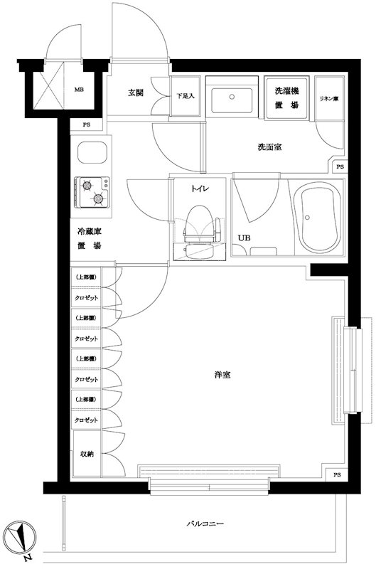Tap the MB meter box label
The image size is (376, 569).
(80, 90)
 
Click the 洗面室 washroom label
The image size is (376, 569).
(269, 147)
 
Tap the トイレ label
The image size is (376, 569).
(199, 189)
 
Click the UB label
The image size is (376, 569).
(244, 238)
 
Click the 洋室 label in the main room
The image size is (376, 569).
(222, 375)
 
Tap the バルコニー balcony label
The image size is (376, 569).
(205, 523)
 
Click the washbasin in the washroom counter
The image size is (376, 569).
(234, 98)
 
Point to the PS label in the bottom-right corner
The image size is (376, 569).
(335, 475)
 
